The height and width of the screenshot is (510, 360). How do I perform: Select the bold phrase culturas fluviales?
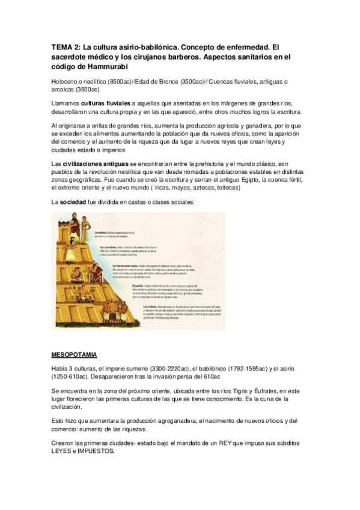click(x=106, y=103)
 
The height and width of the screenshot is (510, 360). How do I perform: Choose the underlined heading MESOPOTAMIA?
click(x=75, y=354)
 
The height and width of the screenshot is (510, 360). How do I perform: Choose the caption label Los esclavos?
click(x=153, y=307)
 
